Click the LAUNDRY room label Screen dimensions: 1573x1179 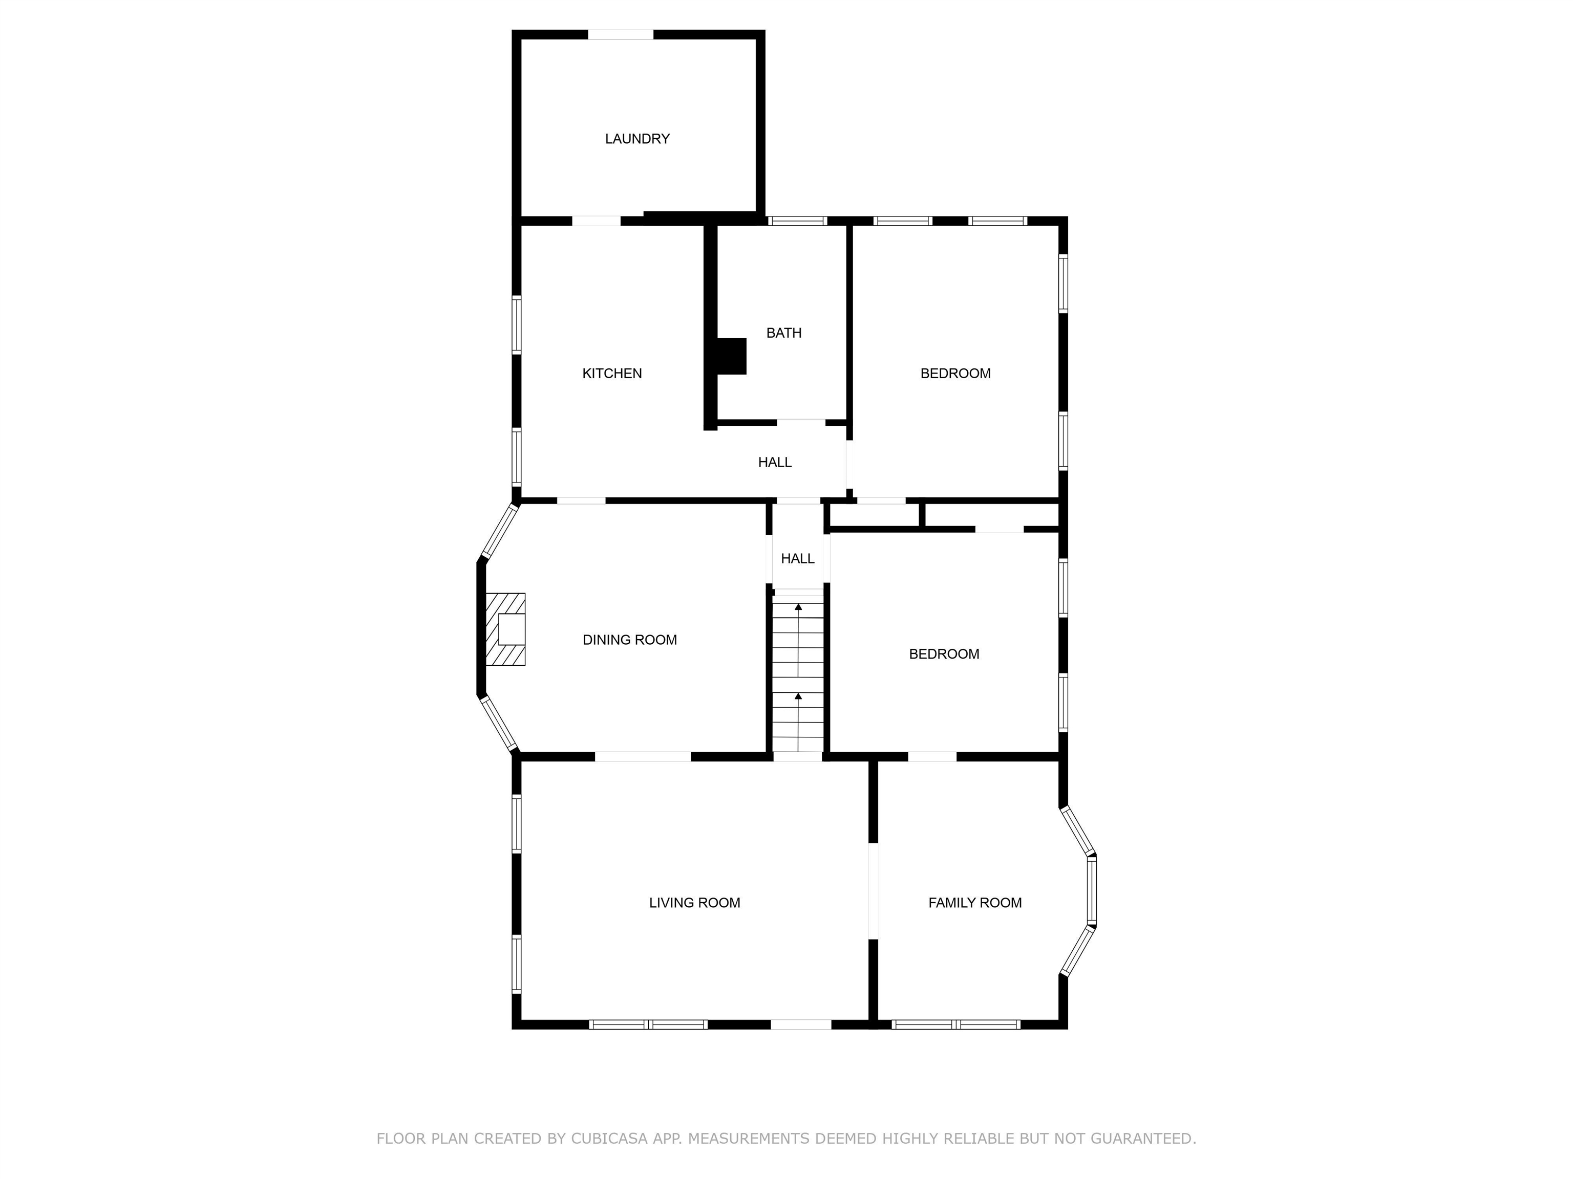(637, 139)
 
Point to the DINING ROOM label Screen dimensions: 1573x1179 (630, 640)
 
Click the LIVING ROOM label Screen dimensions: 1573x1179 (695, 903)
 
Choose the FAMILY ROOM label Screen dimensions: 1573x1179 (975, 903)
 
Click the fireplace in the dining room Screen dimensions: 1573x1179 (505, 629)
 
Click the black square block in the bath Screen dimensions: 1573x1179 (732, 356)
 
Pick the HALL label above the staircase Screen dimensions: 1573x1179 (798, 559)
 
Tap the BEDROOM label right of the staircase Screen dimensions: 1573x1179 (944, 654)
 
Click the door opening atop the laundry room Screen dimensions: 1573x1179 (621, 35)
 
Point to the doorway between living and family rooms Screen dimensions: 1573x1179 (873, 891)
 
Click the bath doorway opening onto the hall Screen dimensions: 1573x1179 (801, 423)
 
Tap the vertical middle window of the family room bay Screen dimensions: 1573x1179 (1092, 890)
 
